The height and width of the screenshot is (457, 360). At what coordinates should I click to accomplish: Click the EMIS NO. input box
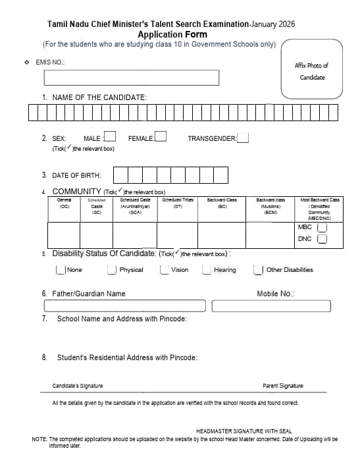(x=131, y=78)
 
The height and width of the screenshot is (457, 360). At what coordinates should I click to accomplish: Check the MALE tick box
(x=111, y=138)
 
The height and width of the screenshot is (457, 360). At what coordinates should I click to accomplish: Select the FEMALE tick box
(x=160, y=138)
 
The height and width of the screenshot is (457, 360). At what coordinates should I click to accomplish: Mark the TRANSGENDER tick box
(x=243, y=138)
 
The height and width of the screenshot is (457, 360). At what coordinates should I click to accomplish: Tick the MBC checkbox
(x=322, y=227)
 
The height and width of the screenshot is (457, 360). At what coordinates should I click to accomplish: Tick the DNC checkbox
(x=322, y=239)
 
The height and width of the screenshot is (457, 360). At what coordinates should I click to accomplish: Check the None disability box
(x=61, y=269)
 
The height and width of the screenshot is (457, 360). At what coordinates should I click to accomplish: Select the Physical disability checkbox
(x=113, y=269)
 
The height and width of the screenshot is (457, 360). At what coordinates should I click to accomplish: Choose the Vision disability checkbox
(x=164, y=269)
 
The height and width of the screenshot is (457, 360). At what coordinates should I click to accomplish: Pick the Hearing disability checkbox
(x=207, y=269)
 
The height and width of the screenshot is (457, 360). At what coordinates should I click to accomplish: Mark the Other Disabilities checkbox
(x=259, y=269)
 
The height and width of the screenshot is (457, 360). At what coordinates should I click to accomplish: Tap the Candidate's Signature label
(x=78, y=386)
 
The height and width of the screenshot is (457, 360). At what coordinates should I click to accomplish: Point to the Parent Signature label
(x=282, y=386)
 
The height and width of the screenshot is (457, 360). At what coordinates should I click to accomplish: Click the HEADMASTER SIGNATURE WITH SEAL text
(x=244, y=431)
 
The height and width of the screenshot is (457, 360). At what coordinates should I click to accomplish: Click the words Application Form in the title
(x=172, y=34)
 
